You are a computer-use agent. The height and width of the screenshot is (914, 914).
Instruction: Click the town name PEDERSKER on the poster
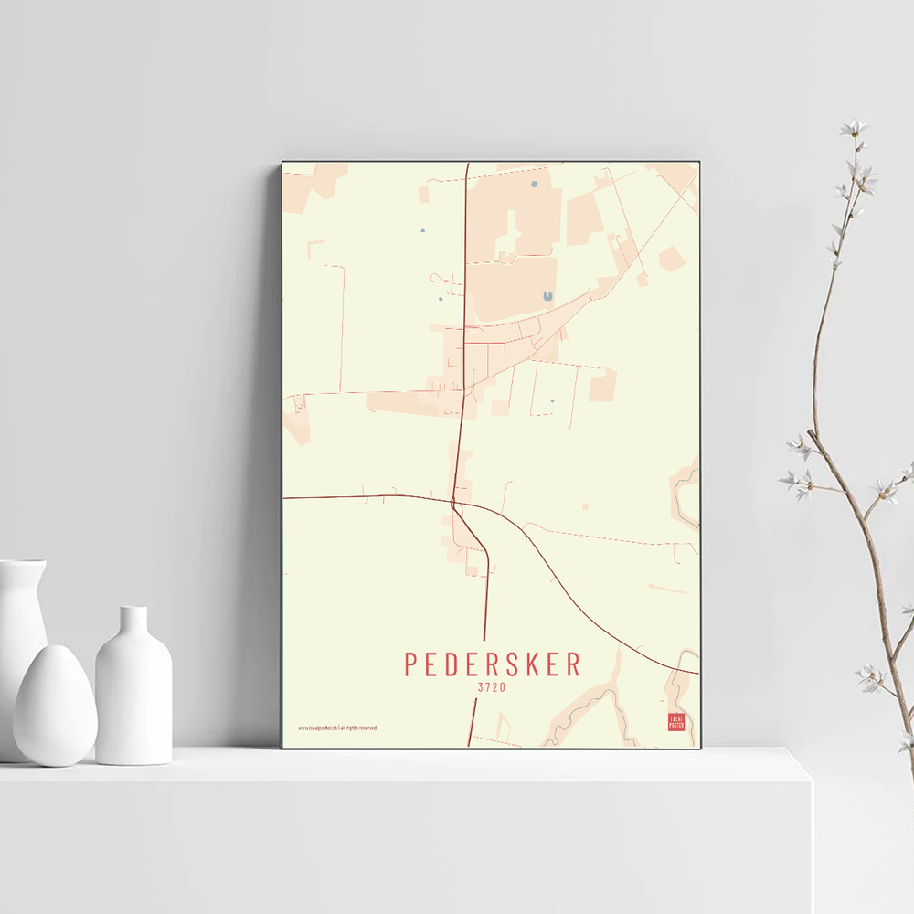click(x=493, y=664)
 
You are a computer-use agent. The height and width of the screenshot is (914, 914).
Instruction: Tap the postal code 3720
click(x=492, y=687)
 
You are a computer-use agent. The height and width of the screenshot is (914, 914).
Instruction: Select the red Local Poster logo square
click(x=676, y=722)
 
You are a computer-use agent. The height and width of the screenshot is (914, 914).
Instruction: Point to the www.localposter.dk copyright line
click(x=336, y=728)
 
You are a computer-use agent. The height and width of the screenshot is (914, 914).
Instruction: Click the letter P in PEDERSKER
click(x=411, y=664)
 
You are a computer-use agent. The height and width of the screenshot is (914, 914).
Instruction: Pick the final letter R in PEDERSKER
click(x=573, y=664)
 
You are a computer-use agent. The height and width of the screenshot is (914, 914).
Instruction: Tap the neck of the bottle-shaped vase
click(x=133, y=622)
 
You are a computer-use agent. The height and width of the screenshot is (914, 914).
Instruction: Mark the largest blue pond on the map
click(x=547, y=296)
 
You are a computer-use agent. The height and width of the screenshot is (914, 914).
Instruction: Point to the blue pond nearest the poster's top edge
click(x=534, y=185)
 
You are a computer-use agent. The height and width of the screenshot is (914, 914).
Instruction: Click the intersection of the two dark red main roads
click(x=453, y=501)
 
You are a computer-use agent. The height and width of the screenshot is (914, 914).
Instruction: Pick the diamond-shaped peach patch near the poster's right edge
click(x=672, y=260)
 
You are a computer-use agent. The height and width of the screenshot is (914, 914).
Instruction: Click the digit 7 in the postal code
click(x=487, y=687)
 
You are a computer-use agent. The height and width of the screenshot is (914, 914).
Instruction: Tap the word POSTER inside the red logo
click(x=676, y=726)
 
